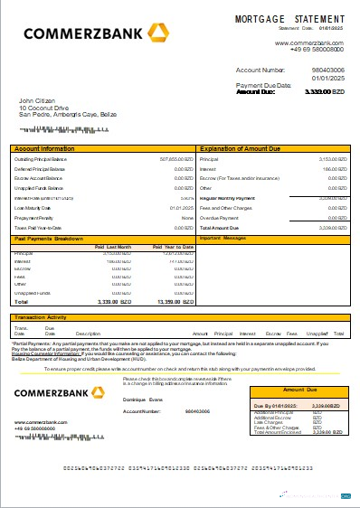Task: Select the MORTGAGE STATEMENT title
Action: pyautogui.click(x=289, y=18)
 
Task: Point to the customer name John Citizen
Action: pyautogui.click(x=38, y=100)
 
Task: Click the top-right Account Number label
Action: pyautogui.click(x=261, y=69)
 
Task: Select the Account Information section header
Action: pyautogui.click(x=44, y=146)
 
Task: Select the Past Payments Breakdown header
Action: pyautogui.click(x=49, y=239)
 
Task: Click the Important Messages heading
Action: pyautogui.click(x=223, y=239)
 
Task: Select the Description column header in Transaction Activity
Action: pyautogui.click(x=89, y=334)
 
